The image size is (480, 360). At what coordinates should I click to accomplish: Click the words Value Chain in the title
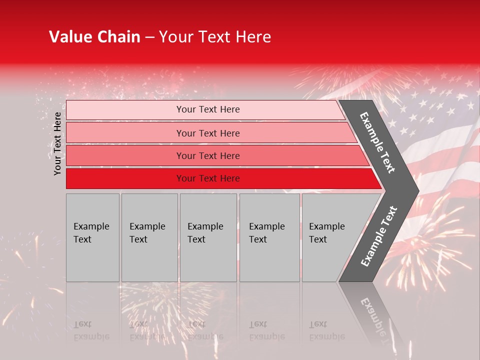(94, 37)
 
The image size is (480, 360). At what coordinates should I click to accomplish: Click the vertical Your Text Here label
(58, 143)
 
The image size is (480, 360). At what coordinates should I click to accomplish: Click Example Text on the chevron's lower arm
(378, 236)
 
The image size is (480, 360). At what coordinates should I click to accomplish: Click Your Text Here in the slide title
(215, 37)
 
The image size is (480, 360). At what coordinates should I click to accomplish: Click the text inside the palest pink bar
(208, 109)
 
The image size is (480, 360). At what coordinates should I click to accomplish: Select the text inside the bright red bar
(208, 178)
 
